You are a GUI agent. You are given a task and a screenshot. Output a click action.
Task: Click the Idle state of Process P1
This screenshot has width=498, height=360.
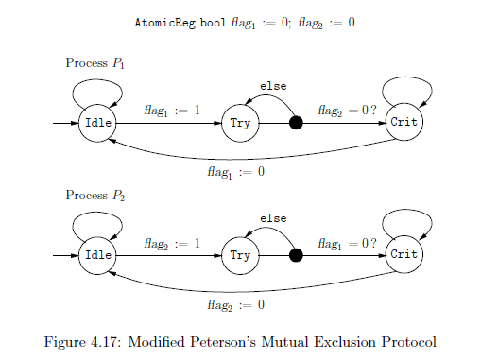[97, 124]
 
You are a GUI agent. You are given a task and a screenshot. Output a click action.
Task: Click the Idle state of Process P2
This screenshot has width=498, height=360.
[97, 255]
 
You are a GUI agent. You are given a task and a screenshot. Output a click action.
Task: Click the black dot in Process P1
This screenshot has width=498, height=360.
[296, 124]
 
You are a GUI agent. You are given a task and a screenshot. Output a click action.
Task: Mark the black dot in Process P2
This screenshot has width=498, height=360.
[296, 255]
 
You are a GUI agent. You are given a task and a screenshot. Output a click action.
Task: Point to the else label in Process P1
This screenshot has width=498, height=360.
[273, 87]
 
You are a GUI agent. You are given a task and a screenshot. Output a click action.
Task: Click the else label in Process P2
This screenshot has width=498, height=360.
[273, 219]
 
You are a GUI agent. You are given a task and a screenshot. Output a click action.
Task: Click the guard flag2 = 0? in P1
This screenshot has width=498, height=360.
[348, 111]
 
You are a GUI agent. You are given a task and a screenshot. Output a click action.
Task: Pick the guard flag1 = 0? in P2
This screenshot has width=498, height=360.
[348, 243]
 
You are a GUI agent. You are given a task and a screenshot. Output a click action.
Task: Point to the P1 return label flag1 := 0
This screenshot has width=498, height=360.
[236, 173]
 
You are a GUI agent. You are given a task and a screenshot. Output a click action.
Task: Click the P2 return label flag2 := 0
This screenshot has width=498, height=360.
[236, 305]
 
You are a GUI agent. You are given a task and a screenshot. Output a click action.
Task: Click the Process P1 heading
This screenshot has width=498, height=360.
[94, 63]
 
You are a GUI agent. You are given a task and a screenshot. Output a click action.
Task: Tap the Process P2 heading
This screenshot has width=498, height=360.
[94, 196]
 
